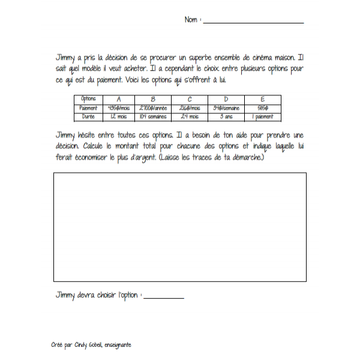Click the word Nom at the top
tap(190, 20)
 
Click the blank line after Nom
tap(253, 23)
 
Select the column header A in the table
tap(119, 100)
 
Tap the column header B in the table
tap(154, 100)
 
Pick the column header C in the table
tap(189, 100)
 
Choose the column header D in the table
tap(226, 100)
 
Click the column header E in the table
tap(262, 100)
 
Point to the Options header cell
tap(88, 100)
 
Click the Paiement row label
tap(88, 108)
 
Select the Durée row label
tap(88, 116)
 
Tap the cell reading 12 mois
tap(119, 116)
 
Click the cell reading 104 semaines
tap(154, 116)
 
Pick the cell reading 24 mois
tap(189, 116)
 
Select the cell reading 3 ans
tap(226, 116)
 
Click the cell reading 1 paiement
tap(262, 116)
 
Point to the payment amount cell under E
tap(262, 108)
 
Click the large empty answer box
tap(179, 227)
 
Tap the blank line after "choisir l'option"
tap(164, 297)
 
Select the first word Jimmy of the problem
tap(65, 58)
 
